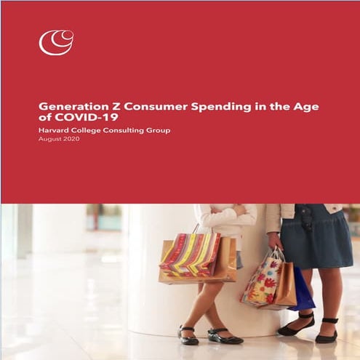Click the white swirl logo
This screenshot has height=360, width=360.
56,41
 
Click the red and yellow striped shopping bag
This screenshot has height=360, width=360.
191,254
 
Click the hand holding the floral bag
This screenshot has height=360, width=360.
275,240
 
